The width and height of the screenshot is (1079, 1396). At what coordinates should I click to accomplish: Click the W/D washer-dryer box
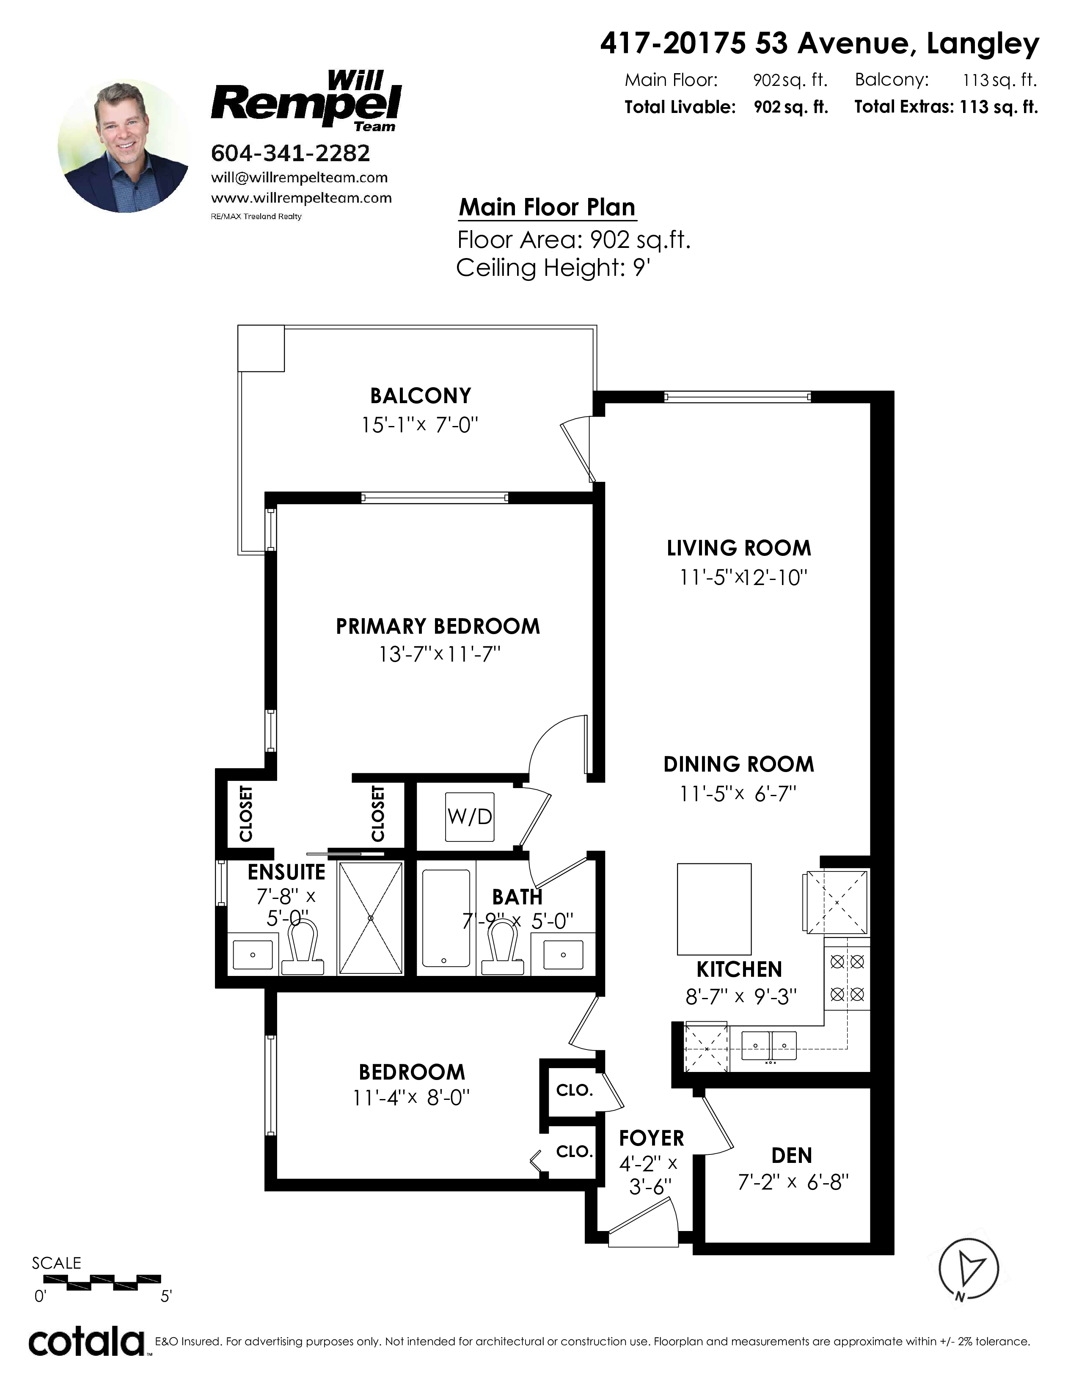pos(470,816)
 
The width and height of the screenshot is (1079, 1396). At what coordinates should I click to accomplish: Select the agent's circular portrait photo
pos(125,146)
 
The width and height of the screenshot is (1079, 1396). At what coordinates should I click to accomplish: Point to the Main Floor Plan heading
pos(547,207)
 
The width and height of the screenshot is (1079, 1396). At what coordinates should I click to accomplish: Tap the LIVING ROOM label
pos(739,548)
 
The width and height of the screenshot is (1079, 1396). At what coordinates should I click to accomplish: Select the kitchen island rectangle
pos(714,909)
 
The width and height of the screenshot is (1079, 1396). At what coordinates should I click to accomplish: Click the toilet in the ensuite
pos(303,948)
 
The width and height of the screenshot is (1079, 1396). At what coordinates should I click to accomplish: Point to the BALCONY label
pos(421,396)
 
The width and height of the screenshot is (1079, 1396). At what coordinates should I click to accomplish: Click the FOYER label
pos(651,1138)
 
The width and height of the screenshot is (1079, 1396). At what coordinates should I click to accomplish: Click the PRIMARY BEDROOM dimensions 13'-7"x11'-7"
pos(439,654)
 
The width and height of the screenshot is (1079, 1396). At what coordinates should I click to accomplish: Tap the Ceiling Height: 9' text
pos(553,267)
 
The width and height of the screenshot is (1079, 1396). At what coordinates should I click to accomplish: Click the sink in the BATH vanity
pos(563,955)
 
